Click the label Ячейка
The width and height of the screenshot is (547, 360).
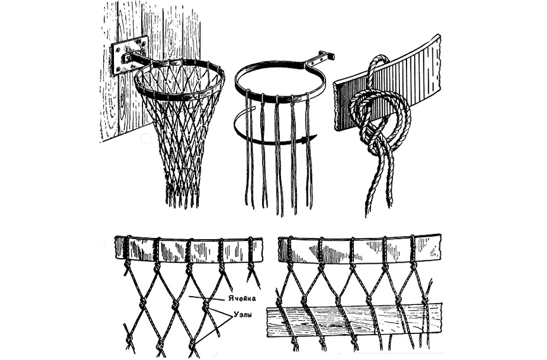coord(242,299)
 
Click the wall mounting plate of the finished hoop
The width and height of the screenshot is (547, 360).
coord(129,55)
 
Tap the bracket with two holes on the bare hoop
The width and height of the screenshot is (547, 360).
coord(319,59)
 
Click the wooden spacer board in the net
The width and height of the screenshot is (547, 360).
coord(354,321)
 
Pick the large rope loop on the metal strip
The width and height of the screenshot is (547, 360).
coord(380,111)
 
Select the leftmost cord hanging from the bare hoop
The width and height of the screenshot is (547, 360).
coord(248,150)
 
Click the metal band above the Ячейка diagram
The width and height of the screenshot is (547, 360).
coord(189,250)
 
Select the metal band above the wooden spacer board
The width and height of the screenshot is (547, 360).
coord(360,248)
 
